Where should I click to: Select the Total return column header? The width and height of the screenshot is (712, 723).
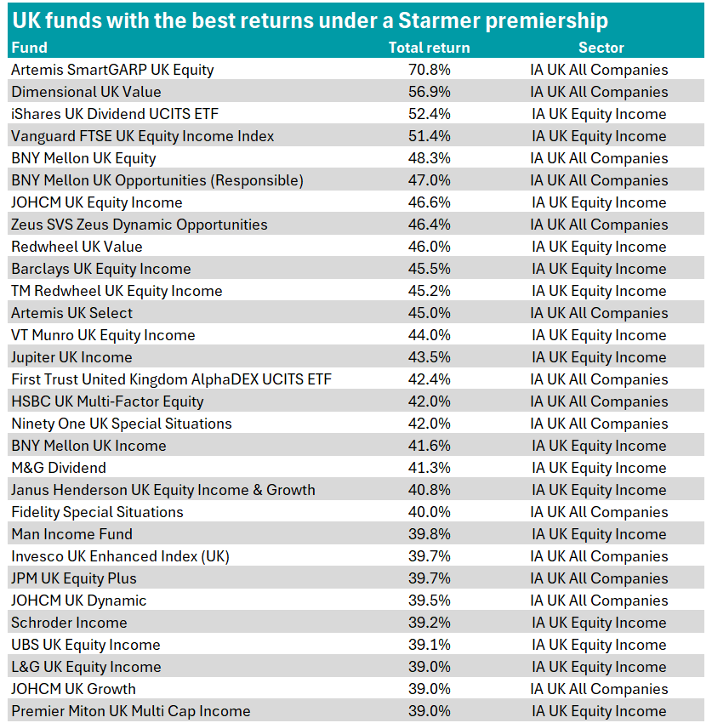pyautogui.click(x=429, y=48)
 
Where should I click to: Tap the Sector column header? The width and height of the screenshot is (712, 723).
pyautogui.click(x=601, y=48)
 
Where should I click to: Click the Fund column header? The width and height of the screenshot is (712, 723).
pyautogui.click(x=29, y=48)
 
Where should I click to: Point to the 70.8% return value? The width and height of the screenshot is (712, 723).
pyautogui.click(x=429, y=70)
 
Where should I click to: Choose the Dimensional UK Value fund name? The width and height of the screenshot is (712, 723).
pyautogui.click(x=86, y=92)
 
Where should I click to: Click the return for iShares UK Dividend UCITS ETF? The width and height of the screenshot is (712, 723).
pyautogui.click(x=429, y=114)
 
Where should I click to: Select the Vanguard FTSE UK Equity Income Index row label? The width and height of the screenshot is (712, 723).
pyautogui.click(x=143, y=136)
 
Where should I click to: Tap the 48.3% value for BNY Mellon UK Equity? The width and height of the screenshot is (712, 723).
pyautogui.click(x=429, y=158)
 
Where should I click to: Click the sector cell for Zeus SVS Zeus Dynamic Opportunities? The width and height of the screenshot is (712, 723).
pyautogui.click(x=599, y=225)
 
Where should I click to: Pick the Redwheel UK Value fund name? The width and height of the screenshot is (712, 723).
pyautogui.click(x=77, y=247)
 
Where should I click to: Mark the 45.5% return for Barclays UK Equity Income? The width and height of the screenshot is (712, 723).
pyautogui.click(x=429, y=269)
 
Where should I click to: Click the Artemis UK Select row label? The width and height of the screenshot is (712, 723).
pyautogui.click(x=72, y=313)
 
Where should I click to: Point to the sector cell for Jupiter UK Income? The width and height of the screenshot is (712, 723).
pyautogui.click(x=599, y=357)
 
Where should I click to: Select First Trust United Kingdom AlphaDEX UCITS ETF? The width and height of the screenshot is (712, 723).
pyautogui.click(x=172, y=379)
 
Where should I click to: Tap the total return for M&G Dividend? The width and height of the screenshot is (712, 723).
pyautogui.click(x=429, y=468)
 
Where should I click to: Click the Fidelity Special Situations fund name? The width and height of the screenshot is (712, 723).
pyautogui.click(x=97, y=512)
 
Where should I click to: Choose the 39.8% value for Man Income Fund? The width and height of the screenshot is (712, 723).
pyautogui.click(x=429, y=534)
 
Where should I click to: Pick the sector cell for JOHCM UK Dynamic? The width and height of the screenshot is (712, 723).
pyautogui.click(x=599, y=601)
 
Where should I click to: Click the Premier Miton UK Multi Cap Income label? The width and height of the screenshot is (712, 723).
pyautogui.click(x=131, y=711)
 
